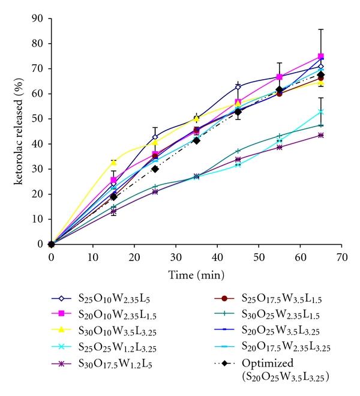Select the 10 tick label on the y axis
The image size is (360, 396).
[38, 219]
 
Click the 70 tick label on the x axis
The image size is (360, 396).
[342, 256]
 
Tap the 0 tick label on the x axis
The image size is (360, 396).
[52, 256]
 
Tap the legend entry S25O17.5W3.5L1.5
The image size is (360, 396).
[270, 298]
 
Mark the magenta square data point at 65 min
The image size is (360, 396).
[321, 56]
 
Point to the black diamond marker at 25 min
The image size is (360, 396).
[155, 169]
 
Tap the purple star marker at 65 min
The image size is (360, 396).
[321, 135]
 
